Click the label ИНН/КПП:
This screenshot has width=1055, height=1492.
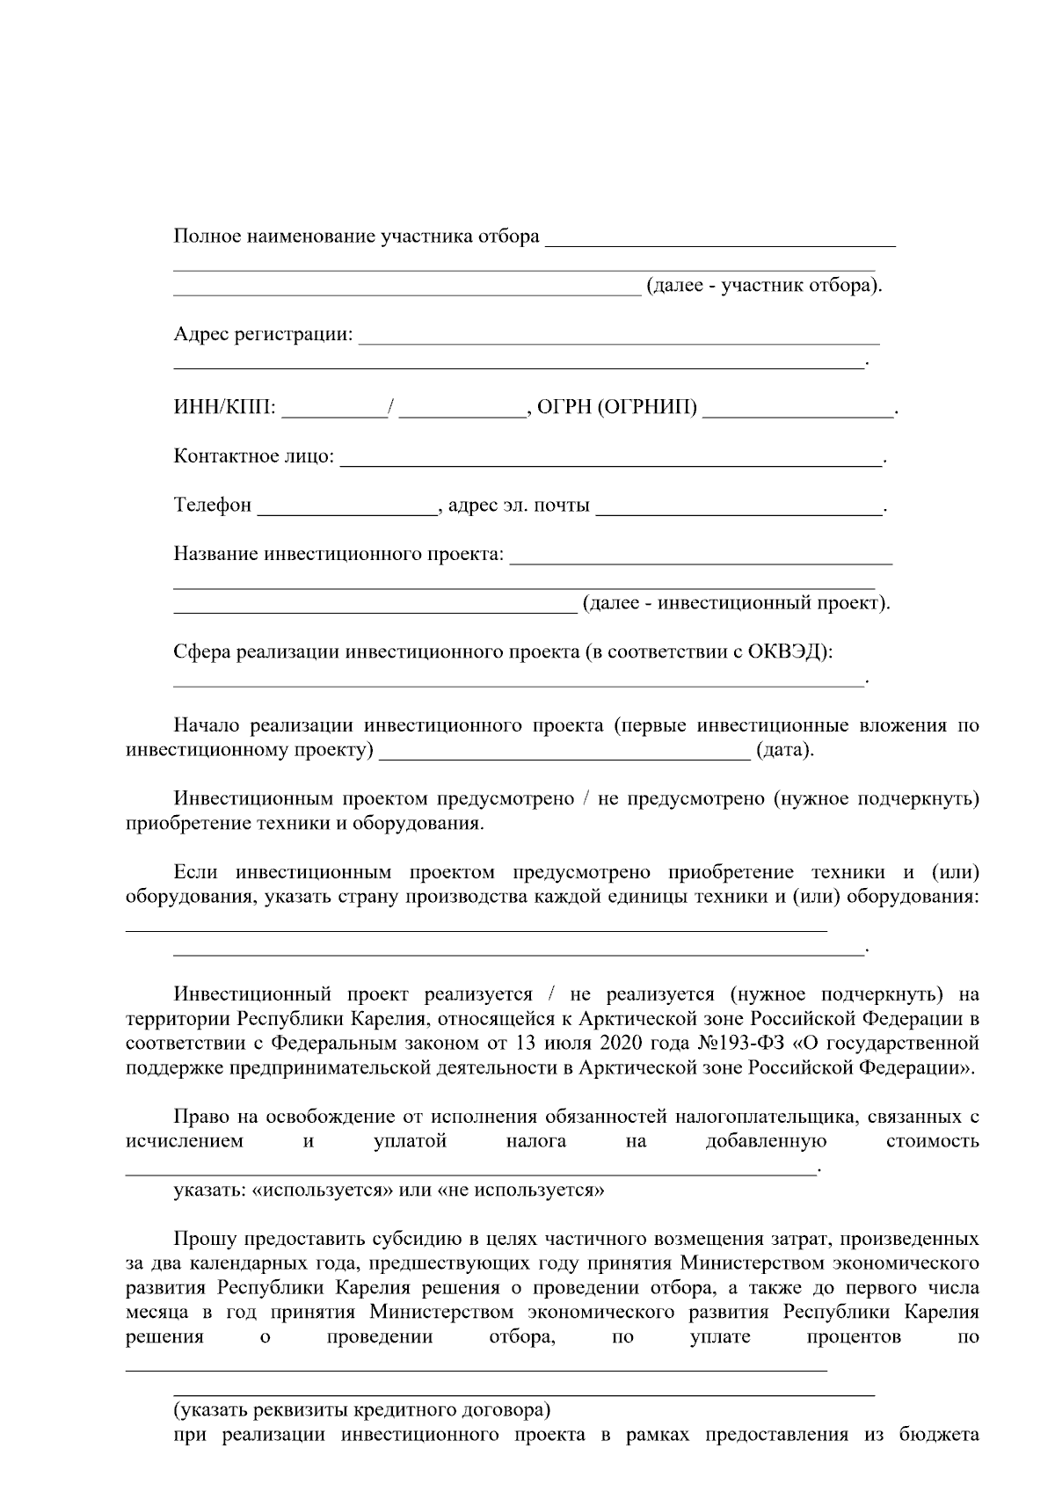pos(224,408)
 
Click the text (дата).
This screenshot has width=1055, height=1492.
pos(785,751)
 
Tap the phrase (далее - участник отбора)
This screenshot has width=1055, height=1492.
pos(763,287)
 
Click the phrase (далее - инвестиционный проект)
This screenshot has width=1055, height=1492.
pos(736,603)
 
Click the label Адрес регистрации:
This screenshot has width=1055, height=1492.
pos(263,335)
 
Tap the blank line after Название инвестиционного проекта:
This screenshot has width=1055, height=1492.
pos(701,557)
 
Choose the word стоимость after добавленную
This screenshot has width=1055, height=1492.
pos(932,1142)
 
